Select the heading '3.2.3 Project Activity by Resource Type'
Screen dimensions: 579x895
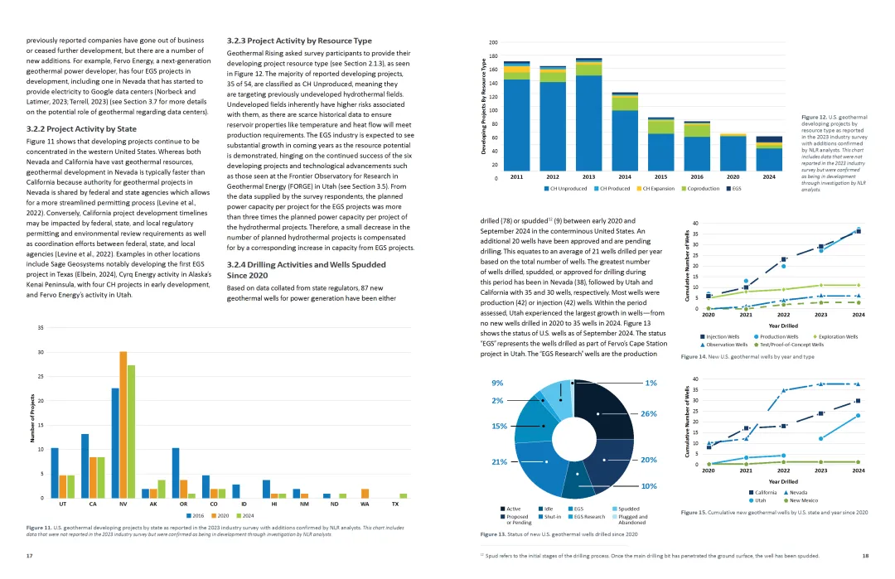click(299, 41)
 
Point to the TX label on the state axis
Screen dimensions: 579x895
click(394, 504)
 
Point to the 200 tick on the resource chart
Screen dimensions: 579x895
click(493, 42)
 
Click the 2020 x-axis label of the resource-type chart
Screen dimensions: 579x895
click(733, 177)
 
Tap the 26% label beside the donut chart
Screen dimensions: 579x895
click(649, 413)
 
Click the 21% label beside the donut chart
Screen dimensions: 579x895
click(500, 461)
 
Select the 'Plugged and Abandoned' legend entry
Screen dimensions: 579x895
click(632, 520)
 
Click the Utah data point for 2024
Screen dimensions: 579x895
click(858, 416)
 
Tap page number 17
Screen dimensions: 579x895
click(30, 555)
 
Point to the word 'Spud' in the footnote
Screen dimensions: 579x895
click(495, 555)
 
